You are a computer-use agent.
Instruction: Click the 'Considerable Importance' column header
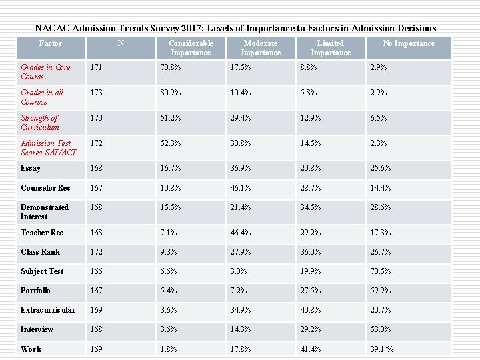(x=191, y=48)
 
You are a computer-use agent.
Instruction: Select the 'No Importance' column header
(x=408, y=43)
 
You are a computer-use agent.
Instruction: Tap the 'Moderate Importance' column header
(x=261, y=48)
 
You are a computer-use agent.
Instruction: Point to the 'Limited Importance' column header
(x=330, y=48)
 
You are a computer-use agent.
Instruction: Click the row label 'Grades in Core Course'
(x=45, y=72)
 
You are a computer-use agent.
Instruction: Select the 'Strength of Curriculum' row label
(x=40, y=123)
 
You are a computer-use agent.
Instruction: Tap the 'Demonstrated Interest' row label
(x=44, y=212)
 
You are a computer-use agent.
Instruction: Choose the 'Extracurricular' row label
(x=48, y=310)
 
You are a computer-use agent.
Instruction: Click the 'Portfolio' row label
(x=35, y=291)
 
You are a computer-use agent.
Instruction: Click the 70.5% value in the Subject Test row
(x=381, y=271)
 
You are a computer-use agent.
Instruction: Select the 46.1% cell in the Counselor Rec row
(x=241, y=188)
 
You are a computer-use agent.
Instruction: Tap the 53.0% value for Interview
(x=381, y=329)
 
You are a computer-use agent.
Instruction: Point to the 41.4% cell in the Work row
(x=311, y=349)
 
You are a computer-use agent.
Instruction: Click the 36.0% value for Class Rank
(x=311, y=252)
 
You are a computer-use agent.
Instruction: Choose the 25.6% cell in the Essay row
(x=381, y=169)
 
